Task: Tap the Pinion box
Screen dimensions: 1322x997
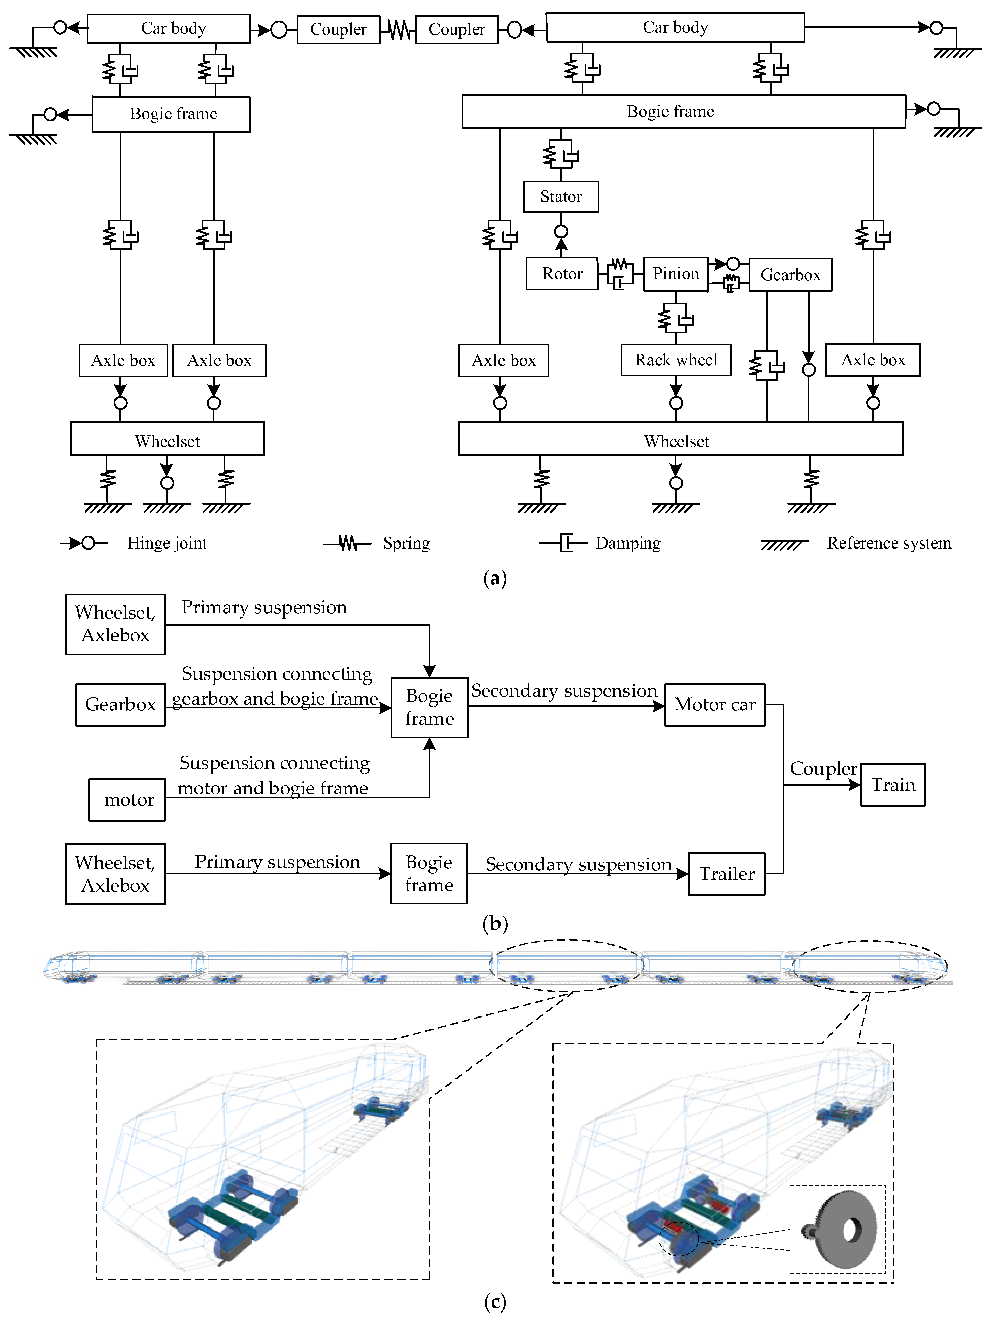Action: coord(675,274)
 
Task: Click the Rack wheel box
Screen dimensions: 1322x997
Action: coord(675,360)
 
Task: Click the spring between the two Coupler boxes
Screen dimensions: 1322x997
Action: coord(398,29)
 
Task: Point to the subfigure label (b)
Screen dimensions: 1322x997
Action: coord(495,923)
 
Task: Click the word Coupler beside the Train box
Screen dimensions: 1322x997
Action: coord(823,769)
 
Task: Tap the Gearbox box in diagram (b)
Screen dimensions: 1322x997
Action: coord(120,705)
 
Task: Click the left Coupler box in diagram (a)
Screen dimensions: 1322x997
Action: coord(338,29)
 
